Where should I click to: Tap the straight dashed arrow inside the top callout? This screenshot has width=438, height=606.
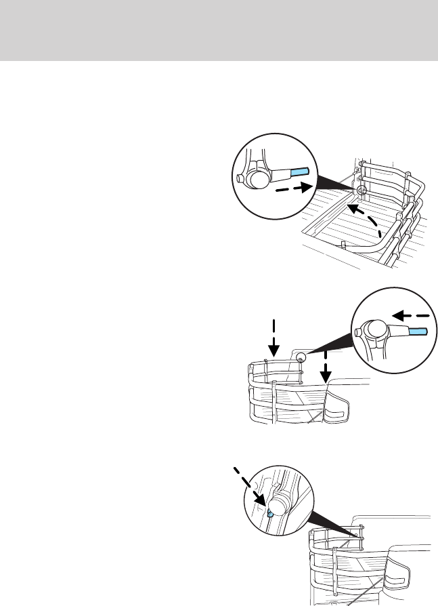[x=294, y=188]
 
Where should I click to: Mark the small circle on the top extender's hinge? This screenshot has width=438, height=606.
[x=362, y=193]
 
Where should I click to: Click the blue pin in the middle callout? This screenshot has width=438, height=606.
[x=416, y=331]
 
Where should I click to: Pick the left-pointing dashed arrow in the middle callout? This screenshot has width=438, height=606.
[x=412, y=315]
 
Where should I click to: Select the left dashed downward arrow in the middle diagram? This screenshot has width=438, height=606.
[x=273, y=336]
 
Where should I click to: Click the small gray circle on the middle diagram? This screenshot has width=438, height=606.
[x=301, y=357]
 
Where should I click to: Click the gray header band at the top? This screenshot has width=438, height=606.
[x=219, y=30]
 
